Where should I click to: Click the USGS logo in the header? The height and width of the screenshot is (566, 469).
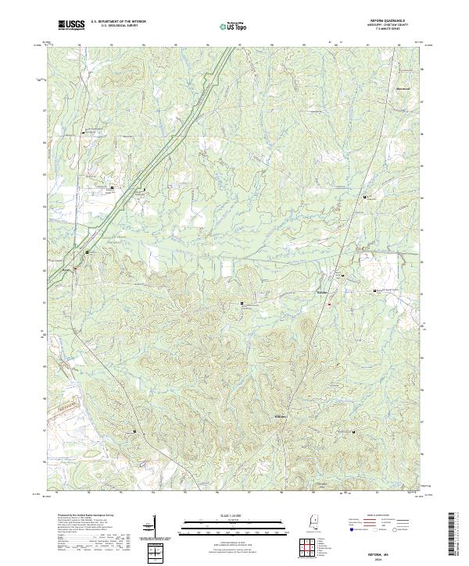(71, 25)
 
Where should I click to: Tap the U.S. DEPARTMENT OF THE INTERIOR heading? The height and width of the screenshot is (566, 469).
(118, 22)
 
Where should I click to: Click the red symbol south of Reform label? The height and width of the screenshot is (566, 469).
(329, 304)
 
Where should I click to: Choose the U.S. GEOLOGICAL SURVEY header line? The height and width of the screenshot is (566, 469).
(118, 27)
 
